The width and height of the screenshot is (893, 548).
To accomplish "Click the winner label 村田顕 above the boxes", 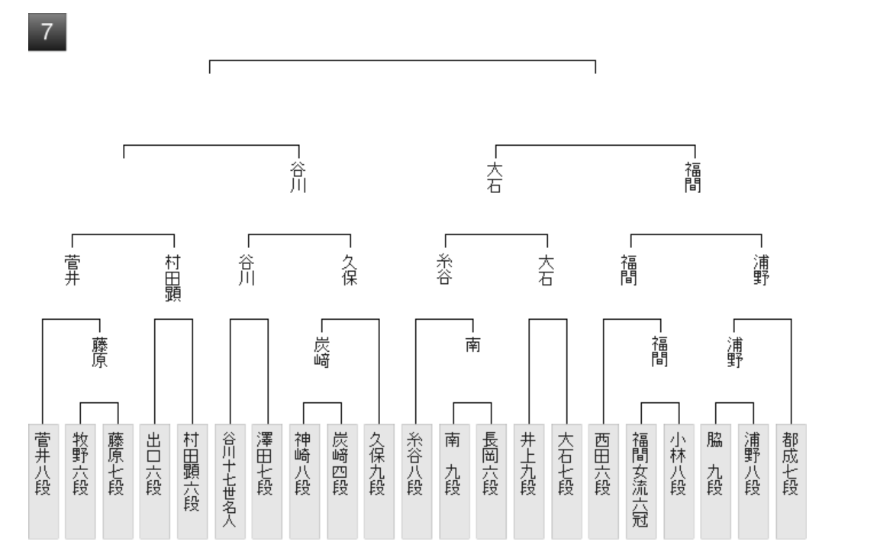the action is (174, 279).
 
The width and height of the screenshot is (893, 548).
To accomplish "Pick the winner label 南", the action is (472, 346).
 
